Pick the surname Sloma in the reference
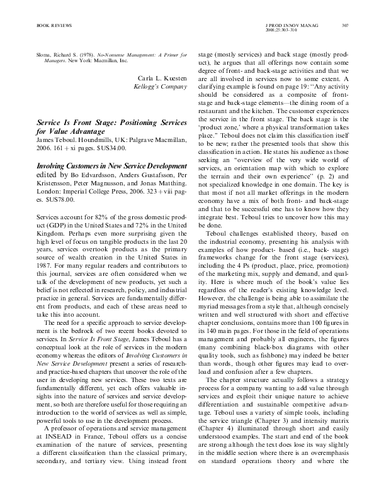point(28,56)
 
